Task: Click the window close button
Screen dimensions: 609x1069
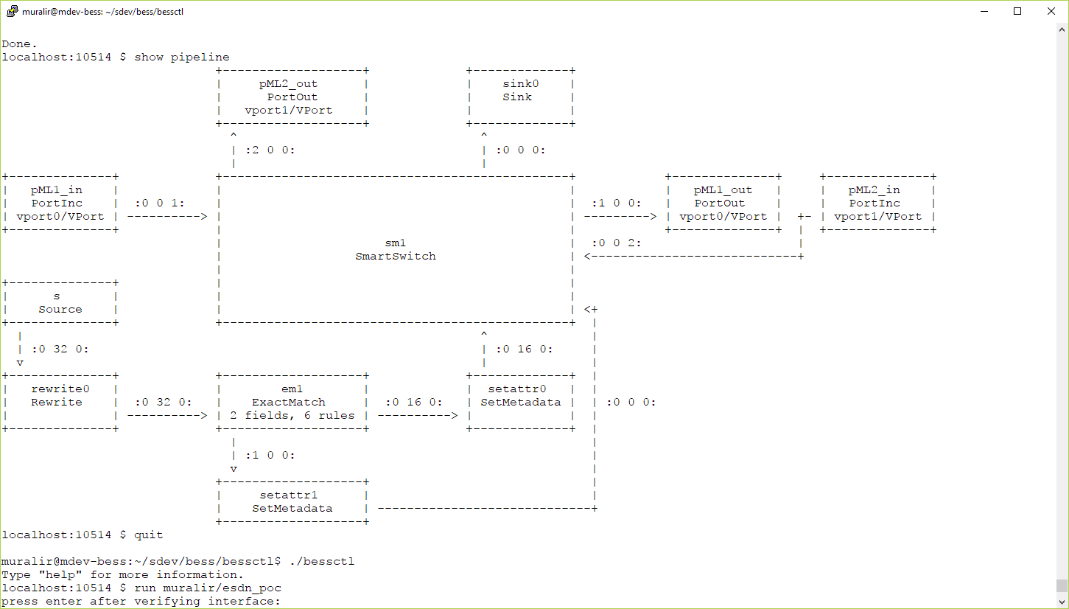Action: pos(1051,11)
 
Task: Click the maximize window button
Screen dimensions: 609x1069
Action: pos(1017,11)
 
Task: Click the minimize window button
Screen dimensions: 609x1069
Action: pos(984,11)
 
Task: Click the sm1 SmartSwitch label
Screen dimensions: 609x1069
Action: pos(395,249)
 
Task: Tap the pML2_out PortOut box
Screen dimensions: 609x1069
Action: pos(292,97)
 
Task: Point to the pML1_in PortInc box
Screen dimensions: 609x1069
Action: pos(60,203)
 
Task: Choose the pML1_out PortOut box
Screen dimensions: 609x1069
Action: pos(723,203)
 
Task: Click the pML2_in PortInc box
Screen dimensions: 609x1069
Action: pos(877,203)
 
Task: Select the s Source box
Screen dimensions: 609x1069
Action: pos(60,302)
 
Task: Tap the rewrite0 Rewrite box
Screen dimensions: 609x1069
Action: pos(60,402)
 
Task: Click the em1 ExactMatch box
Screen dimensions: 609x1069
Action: pos(292,402)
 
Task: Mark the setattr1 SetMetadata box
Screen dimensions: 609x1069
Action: pos(292,501)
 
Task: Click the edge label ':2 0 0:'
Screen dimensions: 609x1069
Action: pos(270,150)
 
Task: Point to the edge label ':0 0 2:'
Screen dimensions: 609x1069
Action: pos(617,243)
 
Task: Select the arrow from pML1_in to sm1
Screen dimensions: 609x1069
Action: pos(167,217)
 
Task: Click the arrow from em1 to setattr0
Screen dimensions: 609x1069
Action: pos(418,416)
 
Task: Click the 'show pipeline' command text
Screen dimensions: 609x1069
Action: pos(182,57)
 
